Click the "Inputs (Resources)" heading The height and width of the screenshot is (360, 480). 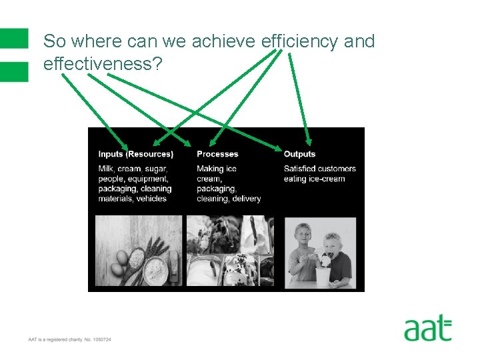[x=135, y=154]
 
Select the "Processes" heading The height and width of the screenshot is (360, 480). [x=217, y=154]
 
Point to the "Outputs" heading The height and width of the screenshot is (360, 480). [x=299, y=154]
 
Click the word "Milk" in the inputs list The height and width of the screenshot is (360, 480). [x=107, y=169]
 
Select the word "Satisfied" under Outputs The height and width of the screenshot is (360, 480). [x=302, y=169]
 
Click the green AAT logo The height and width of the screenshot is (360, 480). [x=428, y=329]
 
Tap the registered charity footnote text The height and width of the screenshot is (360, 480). [x=69, y=340]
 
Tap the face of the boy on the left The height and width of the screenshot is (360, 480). [x=302, y=238]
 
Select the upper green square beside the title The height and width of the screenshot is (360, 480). [x=14, y=38]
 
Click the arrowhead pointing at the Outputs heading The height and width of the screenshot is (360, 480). [x=309, y=141]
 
